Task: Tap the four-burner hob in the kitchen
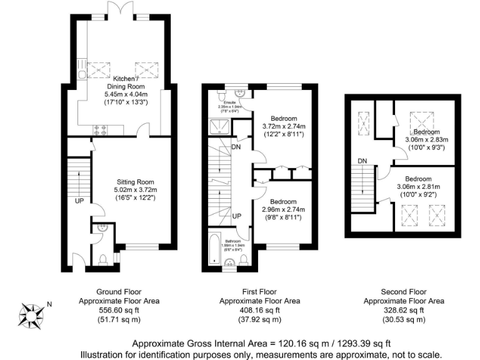coord(99,130)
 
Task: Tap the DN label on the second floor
coord(362,161)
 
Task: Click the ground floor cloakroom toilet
coord(103,258)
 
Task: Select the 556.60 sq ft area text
coord(119,310)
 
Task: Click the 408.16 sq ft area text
coord(259,310)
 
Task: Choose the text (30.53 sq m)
coord(404,319)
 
